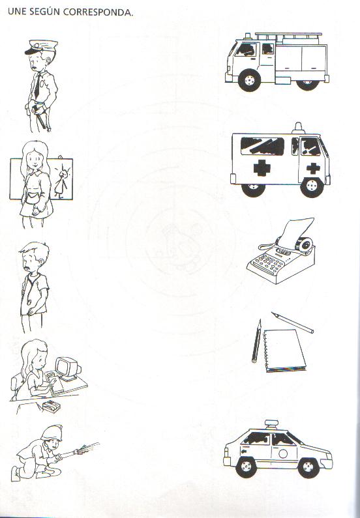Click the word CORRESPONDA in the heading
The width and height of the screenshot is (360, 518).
(x=98, y=12)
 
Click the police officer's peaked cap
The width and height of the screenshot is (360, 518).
(x=41, y=47)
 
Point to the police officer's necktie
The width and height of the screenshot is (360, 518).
(x=38, y=85)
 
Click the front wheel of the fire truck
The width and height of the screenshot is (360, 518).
(x=249, y=80)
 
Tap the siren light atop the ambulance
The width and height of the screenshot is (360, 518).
(x=298, y=128)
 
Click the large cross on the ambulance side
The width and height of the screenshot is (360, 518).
(x=262, y=167)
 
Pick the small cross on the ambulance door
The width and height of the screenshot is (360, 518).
(x=313, y=168)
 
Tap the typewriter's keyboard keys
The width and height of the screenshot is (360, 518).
(x=267, y=264)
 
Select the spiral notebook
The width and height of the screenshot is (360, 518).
(x=284, y=350)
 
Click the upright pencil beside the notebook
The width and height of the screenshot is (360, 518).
(x=256, y=341)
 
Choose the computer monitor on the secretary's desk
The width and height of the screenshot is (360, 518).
(x=67, y=368)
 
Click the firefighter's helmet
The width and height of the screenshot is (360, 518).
(x=52, y=433)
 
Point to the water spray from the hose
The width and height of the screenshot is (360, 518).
(x=87, y=447)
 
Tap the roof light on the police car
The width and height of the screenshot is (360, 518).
(x=272, y=424)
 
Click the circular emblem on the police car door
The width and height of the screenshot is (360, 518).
(x=283, y=453)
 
